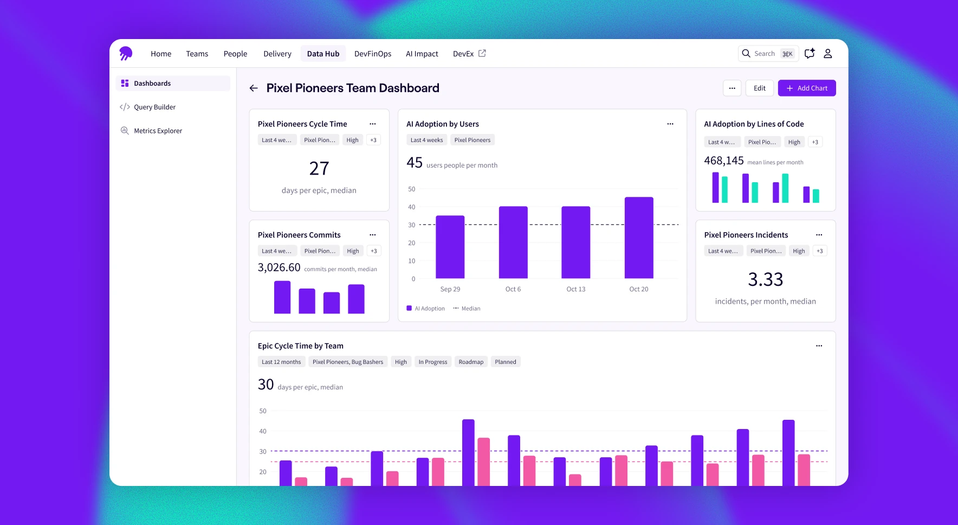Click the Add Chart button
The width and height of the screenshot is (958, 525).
pyautogui.click(x=806, y=88)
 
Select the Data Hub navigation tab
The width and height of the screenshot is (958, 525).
pyautogui.click(x=323, y=54)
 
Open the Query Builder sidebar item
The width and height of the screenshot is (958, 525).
pyautogui.click(x=154, y=107)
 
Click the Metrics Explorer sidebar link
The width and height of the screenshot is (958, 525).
pyautogui.click(x=158, y=131)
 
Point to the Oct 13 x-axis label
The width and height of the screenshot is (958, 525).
pyautogui.click(x=575, y=289)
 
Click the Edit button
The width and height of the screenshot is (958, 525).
pyautogui.click(x=759, y=88)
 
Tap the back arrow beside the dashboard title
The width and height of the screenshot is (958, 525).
pyautogui.click(x=254, y=88)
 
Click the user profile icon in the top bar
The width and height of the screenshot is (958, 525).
pyautogui.click(x=827, y=54)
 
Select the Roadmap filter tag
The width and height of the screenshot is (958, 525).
pyautogui.click(x=470, y=362)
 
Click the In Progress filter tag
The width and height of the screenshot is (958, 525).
pyautogui.click(x=432, y=362)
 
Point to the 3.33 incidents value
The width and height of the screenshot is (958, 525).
pyautogui.click(x=765, y=279)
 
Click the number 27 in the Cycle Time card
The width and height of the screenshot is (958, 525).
pyautogui.click(x=319, y=169)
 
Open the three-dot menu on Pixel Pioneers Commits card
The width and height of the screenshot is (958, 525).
pyautogui.click(x=372, y=235)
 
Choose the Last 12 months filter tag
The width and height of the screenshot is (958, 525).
pyautogui.click(x=281, y=362)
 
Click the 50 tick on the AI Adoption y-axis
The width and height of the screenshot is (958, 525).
pyautogui.click(x=411, y=189)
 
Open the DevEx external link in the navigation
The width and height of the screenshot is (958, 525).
pyautogui.click(x=469, y=54)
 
